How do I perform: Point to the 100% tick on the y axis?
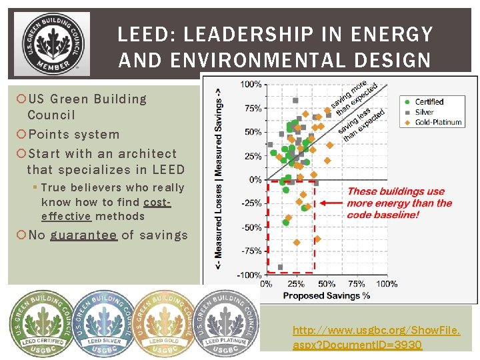pyautogui.click(x=251, y=84)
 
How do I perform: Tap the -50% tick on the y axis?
pyautogui.click(x=251, y=227)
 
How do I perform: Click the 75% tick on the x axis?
pyautogui.click(x=357, y=284)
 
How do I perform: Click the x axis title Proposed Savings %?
pyautogui.click(x=327, y=295)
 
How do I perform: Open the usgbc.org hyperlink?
pyautogui.click(x=377, y=337)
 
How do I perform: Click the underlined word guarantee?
pyautogui.click(x=83, y=235)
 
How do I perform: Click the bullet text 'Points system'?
pyautogui.click(x=73, y=134)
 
